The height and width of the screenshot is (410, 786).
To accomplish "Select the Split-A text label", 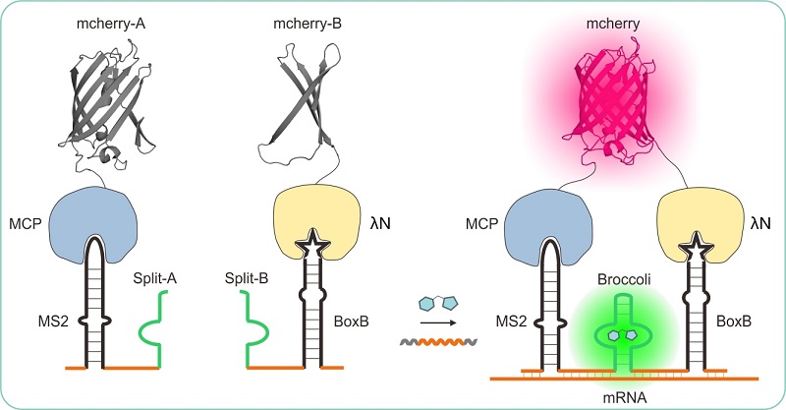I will pyautogui.click(x=155, y=282).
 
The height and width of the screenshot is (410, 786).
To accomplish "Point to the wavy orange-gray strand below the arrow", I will pyautogui.click(x=438, y=343).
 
